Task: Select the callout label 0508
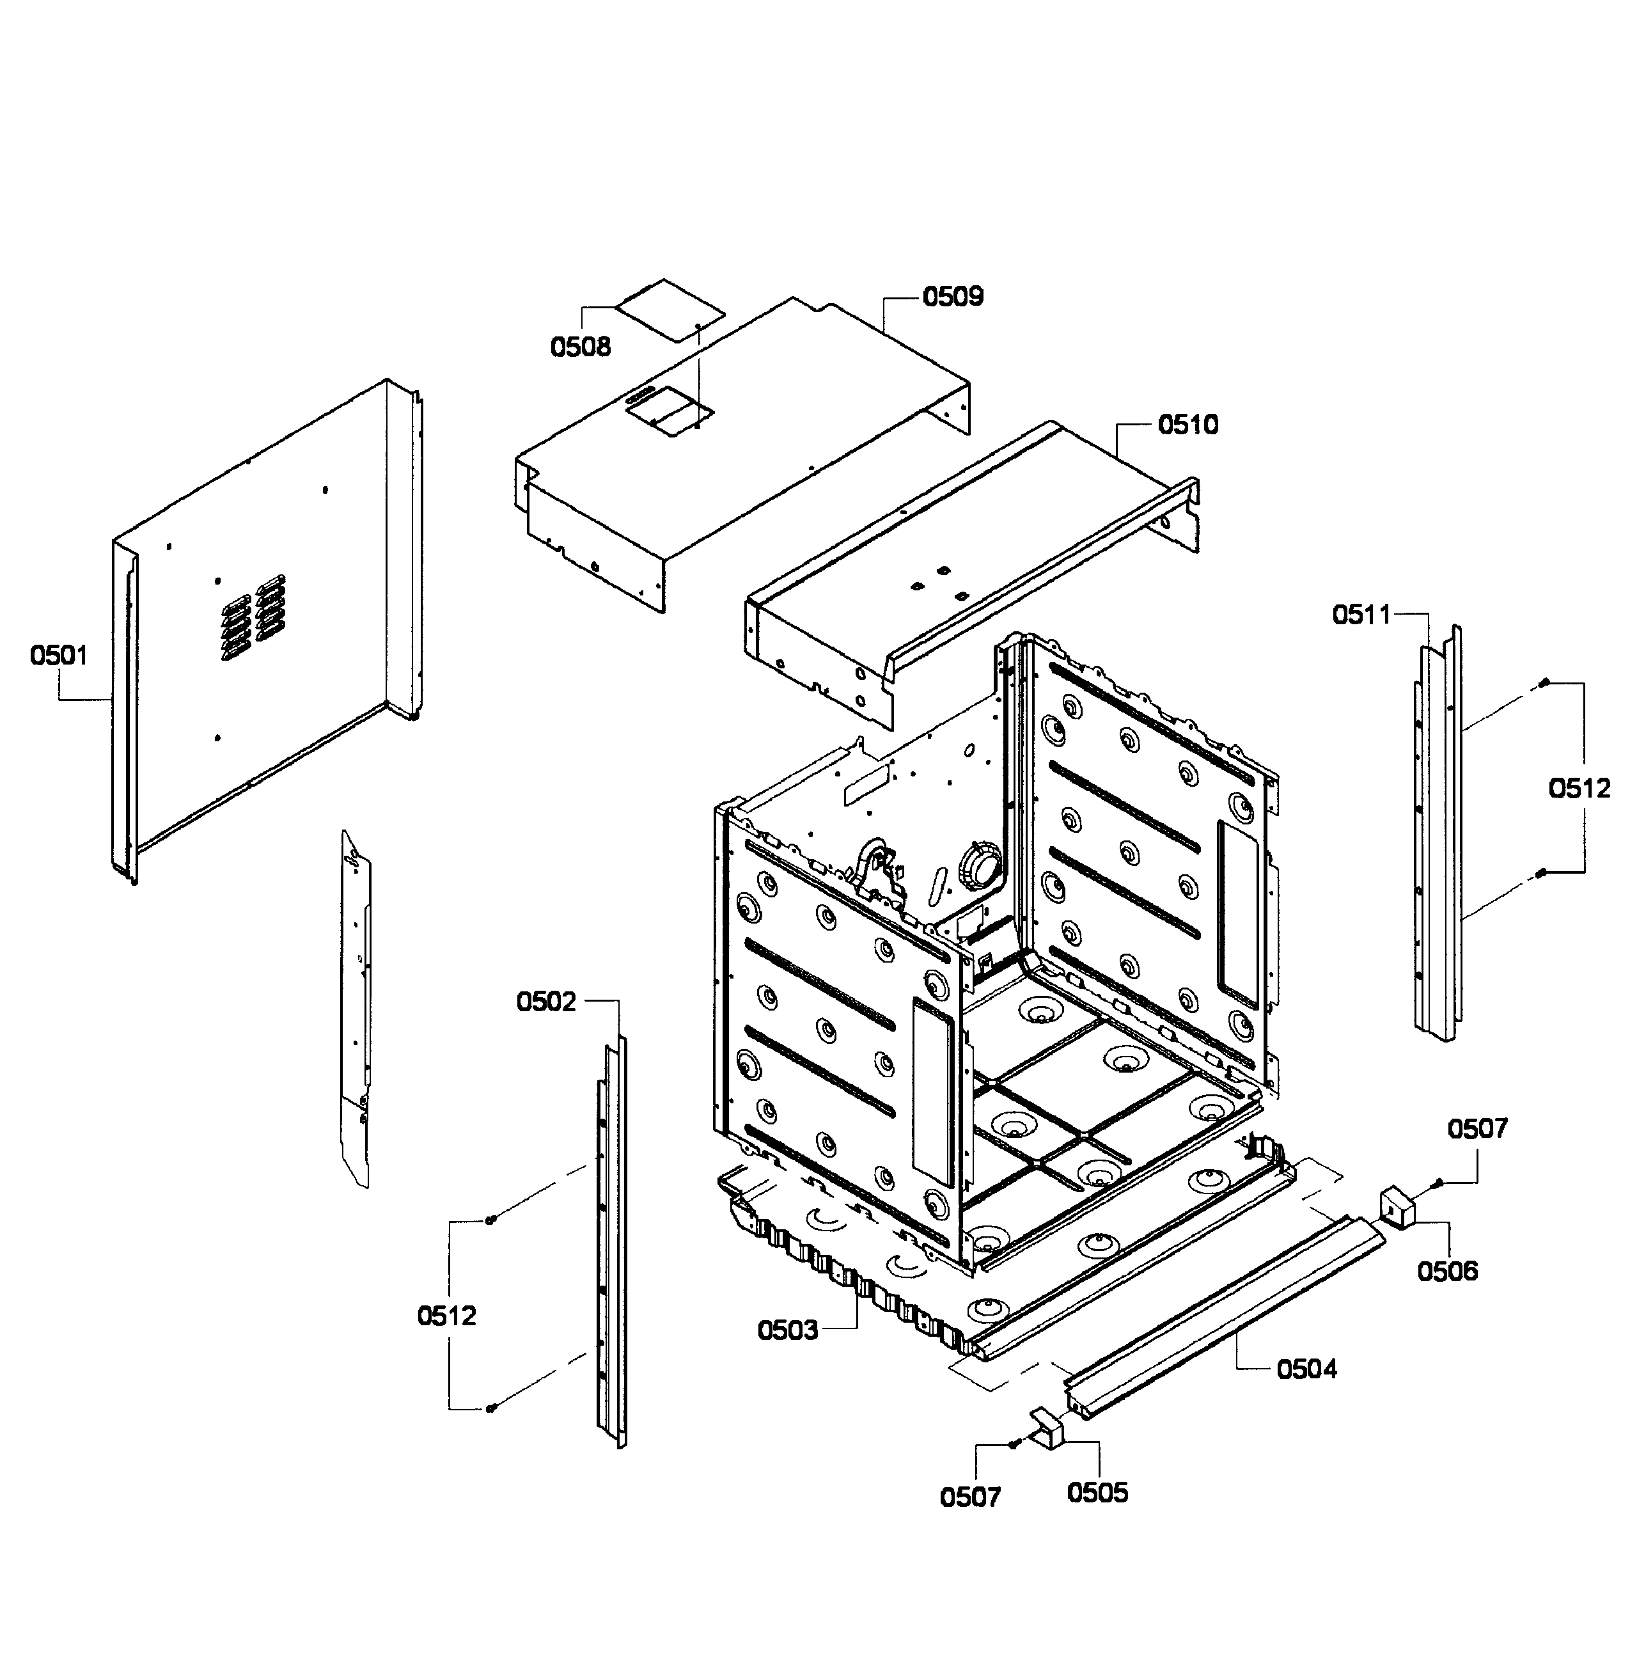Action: (581, 347)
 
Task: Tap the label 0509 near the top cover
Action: (953, 296)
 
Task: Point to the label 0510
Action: (1188, 425)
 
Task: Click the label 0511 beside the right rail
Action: (1361, 615)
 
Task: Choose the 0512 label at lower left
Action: (447, 1316)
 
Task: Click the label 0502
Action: (546, 1002)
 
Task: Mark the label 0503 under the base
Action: (788, 1330)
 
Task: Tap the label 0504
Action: (1306, 1370)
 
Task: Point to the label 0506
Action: (1448, 1272)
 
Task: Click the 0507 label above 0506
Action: (1478, 1129)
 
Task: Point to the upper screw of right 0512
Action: (1544, 682)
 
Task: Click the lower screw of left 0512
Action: (490, 1408)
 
